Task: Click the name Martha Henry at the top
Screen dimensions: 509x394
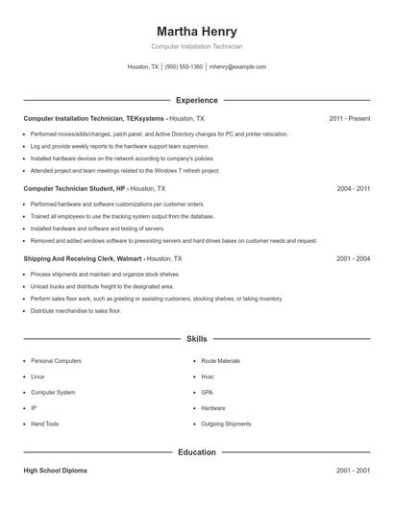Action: [x=196, y=31]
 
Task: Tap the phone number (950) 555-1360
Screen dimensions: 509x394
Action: [x=184, y=67]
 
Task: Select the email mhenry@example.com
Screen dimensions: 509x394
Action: [x=237, y=67]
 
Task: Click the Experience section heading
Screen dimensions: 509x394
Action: [x=197, y=100]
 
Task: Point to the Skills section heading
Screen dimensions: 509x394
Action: [x=197, y=339]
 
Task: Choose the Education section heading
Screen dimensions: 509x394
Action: [x=197, y=452]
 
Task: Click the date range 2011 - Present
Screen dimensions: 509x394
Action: [x=349, y=118]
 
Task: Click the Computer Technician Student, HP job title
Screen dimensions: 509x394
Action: [x=74, y=189]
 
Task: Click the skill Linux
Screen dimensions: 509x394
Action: [x=37, y=376]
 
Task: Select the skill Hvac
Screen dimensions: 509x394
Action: [x=208, y=376]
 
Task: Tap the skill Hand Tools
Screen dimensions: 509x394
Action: [x=44, y=424]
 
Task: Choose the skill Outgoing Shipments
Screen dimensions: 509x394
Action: [x=226, y=424]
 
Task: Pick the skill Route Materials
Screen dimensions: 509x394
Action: [x=221, y=361]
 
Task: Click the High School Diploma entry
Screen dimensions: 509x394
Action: [x=56, y=472]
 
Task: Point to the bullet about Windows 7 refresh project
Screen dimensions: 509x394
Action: [x=125, y=170]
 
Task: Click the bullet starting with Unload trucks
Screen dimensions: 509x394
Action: [x=102, y=286]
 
